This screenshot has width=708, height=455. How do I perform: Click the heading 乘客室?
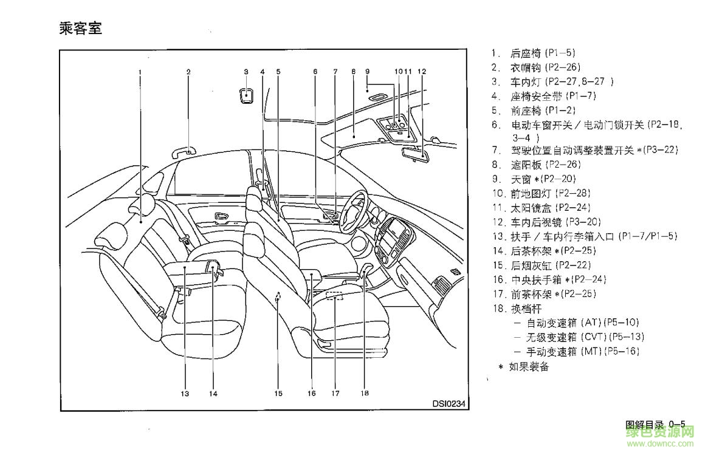[81, 29]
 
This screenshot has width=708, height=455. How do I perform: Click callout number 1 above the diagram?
[140, 72]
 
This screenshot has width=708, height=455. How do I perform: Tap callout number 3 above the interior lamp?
[246, 72]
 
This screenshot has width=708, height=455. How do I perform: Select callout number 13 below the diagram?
[185, 393]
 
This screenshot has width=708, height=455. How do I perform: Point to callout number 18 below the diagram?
[364, 392]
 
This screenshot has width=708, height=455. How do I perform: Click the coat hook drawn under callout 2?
[186, 151]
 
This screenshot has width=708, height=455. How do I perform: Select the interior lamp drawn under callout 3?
[246, 95]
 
